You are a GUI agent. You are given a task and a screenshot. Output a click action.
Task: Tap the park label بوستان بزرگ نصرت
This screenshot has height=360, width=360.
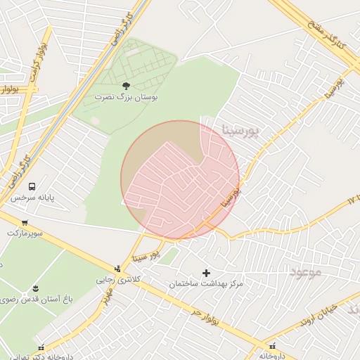pos(127,98)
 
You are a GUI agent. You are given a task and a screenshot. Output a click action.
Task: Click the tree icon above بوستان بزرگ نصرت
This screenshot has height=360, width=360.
pos(126,86)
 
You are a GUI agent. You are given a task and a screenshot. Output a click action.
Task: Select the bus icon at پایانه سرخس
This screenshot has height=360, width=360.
pos(32,186)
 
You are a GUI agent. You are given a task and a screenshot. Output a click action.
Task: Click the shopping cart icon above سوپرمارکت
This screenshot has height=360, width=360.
pos(25,221)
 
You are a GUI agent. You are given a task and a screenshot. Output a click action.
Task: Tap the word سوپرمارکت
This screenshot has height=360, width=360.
pos(25,232)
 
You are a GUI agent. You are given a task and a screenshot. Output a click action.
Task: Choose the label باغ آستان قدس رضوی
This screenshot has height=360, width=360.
pos(34,300)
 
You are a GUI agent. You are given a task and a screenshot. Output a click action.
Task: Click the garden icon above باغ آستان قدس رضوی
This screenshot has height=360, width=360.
pos(35,288)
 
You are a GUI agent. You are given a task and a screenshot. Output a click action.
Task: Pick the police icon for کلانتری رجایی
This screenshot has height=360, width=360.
pos(117,268)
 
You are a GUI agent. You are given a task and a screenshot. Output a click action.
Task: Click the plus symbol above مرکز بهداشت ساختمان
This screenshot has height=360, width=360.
pos(206,273)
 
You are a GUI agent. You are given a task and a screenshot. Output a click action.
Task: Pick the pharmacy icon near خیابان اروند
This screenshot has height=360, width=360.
pos(273,346)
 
